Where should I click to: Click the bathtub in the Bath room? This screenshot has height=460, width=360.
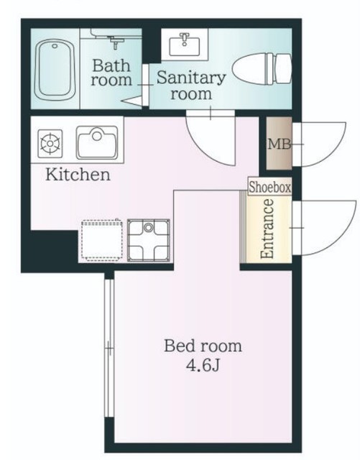click(x=55, y=70)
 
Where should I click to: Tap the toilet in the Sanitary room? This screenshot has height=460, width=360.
click(x=262, y=70)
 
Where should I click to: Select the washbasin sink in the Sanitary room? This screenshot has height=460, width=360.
click(x=185, y=45)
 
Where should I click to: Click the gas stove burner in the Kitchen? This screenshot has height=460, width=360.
click(x=50, y=144)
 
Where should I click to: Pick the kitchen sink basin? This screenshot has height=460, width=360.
click(x=97, y=142)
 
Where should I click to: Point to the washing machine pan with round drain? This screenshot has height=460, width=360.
click(x=149, y=240)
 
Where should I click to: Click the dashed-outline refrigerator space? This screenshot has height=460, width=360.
click(x=101, y=240)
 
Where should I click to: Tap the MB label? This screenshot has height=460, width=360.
click(x=280, y=144)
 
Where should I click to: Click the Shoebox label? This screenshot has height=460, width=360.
click(x=270, y=187)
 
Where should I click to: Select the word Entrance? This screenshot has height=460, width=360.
click(x=267, y=229)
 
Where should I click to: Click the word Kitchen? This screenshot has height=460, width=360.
click(x=78, y=174)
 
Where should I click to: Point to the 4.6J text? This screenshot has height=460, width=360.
click(x=203, y=365)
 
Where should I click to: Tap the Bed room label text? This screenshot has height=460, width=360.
click(x=203, y=346)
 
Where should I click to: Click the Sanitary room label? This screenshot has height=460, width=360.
click(x=191, y=86)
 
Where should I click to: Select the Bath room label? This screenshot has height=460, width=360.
click(x=111, y=73)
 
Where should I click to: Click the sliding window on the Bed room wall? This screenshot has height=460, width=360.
click(x=109, y=348)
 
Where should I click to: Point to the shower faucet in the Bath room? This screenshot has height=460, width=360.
click(x=115, y=42)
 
